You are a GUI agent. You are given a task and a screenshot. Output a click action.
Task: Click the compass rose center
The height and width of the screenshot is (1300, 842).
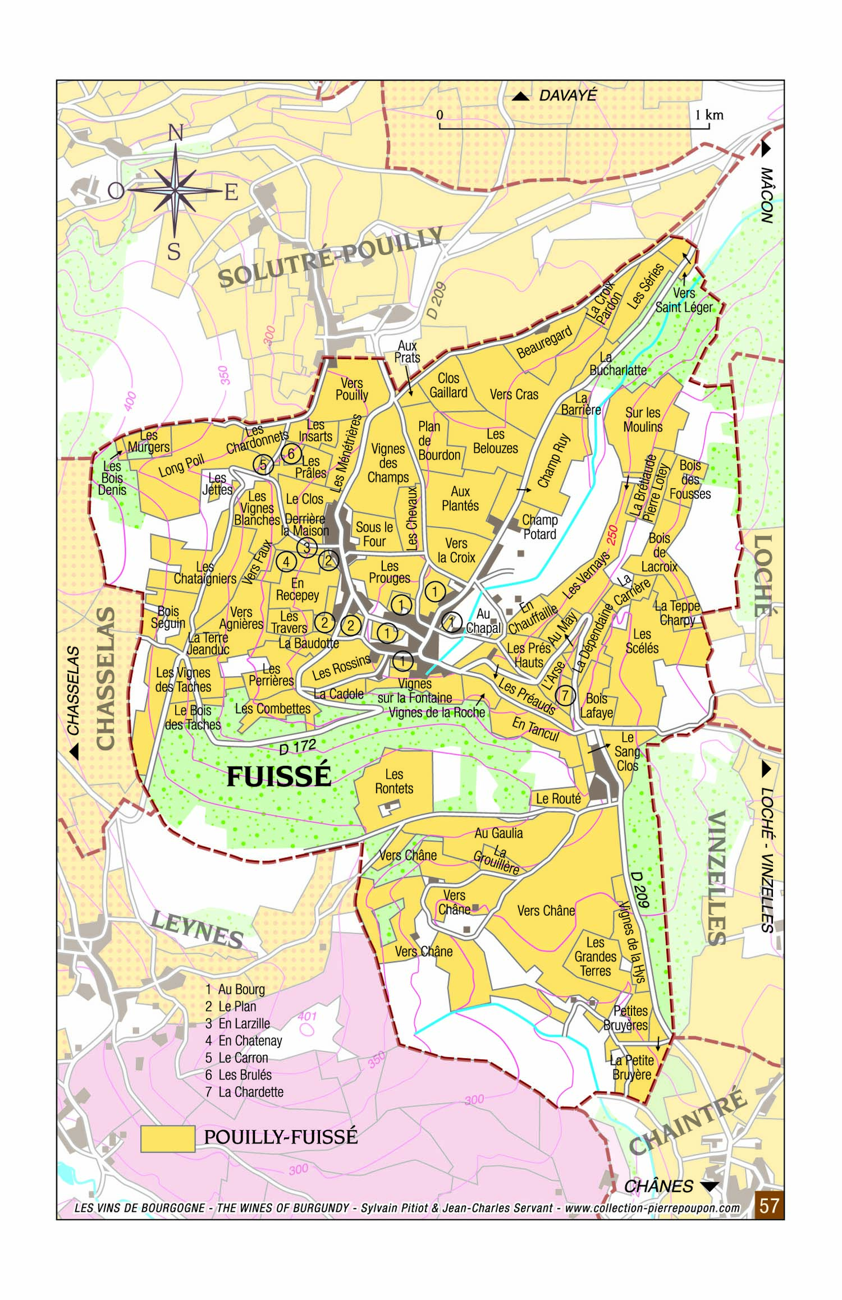coord(175,190)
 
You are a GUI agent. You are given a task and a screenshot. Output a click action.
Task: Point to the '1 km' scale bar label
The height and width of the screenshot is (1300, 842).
coord(709,115)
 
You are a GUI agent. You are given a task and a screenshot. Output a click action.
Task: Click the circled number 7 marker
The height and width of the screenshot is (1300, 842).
coord(565,696)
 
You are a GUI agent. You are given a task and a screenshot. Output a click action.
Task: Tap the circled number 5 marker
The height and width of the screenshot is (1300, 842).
coord(263,464)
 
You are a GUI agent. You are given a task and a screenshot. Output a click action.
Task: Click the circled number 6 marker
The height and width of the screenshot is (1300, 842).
coord(291,453)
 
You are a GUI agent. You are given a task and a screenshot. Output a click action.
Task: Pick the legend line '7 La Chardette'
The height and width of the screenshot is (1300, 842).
coord(244,1092)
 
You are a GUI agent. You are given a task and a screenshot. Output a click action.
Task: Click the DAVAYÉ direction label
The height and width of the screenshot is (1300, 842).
coord(568,95)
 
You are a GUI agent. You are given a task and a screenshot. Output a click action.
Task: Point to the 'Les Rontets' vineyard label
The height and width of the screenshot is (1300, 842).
coord(394,782)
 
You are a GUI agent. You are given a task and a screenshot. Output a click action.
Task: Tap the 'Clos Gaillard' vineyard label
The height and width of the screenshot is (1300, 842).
coord(448,385)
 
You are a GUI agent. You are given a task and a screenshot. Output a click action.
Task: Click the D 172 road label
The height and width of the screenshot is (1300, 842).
coord(298,747)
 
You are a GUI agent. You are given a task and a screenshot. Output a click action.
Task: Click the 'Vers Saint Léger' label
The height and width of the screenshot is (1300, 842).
coord(684,300)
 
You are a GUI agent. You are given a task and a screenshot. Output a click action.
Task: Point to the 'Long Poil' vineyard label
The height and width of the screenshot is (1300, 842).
coord(181,466)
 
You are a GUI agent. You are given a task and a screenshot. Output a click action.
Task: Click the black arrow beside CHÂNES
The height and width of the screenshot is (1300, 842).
coord(710,1186)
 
